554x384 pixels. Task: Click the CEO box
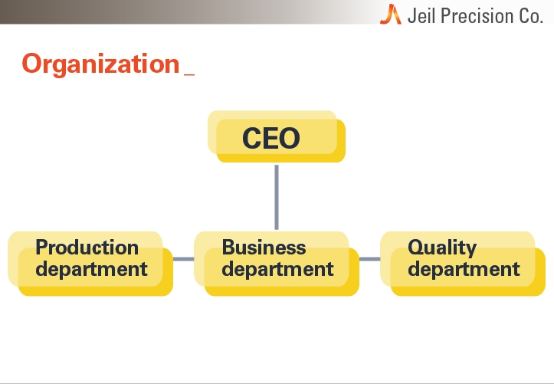point(277,136)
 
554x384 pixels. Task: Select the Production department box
point(90,264)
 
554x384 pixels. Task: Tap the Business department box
point(277,264)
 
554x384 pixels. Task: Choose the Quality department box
point(463,264)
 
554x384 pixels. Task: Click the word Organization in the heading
point(100,64)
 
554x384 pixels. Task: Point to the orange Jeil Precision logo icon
point(391,14)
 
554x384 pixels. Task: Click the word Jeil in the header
point(421,16)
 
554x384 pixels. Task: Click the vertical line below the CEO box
point(277,197)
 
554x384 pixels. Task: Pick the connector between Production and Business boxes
point(183,259)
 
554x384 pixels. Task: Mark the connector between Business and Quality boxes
point(369,259)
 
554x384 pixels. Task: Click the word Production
point(87,247)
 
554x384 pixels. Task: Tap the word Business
point(264,247)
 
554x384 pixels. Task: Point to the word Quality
point(442,248)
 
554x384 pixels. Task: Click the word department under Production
point(91,269)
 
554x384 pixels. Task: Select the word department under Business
point(277,269)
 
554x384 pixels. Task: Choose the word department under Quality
point(464,269)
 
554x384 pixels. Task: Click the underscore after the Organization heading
point(189,74)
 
